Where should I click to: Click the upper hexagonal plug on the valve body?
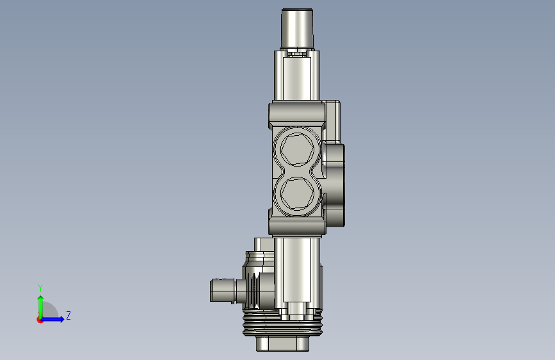click(297, 149)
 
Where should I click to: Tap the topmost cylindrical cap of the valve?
click(297, 28)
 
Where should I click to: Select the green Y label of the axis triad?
click(40, 288)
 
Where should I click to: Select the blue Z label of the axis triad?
click(68, 315)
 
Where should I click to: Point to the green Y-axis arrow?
click(41, 307)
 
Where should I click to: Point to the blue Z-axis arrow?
click(52, 319)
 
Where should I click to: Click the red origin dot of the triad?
click(40, 320)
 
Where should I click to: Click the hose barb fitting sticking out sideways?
click(223, 291)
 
